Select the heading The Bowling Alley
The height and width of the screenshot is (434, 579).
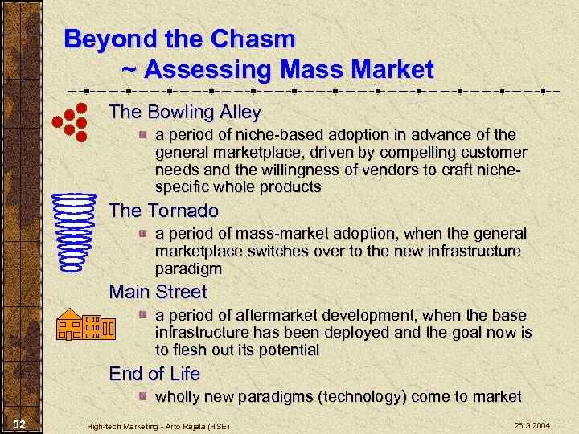pyautogui.click(x=185, y=112)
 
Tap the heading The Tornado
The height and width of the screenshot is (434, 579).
pyautogui.click(x=163, y=211)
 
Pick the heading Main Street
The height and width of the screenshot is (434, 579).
pyautogui.click(x=158, y=292)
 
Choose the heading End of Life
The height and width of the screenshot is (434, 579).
pyautogui.click(x=154, y=374)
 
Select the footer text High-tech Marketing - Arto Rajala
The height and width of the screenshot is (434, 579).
pyautogui.click(x=158, y=424)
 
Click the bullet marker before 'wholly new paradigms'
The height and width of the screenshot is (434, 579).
pyautogui.click(x=142, y=396)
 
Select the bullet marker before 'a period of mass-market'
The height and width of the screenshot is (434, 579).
pyautogui.click(x=142, y=234)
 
